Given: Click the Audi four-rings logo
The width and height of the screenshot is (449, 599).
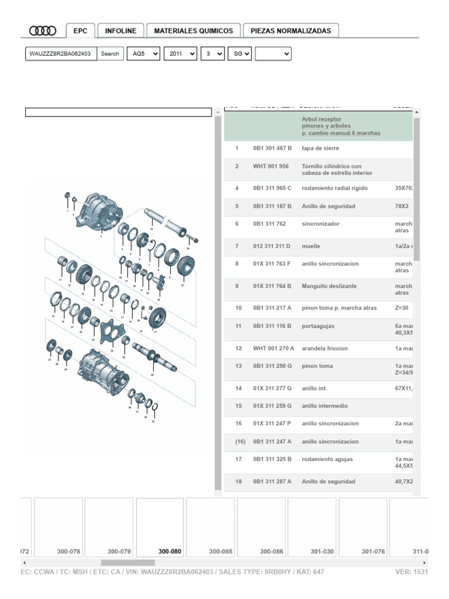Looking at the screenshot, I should pos(43,31).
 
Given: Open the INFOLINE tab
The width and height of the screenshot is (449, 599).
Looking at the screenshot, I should pos(121,31).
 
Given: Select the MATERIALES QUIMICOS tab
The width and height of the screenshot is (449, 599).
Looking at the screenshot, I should pos(193,31).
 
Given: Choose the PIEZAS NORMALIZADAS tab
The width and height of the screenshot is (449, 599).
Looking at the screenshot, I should pos(291,31).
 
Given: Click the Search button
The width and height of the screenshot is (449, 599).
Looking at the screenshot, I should pos(110,54).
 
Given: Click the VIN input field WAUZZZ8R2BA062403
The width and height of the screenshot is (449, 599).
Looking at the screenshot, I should pos(61,54).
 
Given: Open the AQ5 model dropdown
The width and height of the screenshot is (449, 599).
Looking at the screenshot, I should pos(144,54).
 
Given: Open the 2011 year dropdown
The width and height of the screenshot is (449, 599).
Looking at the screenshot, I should pos(180,54).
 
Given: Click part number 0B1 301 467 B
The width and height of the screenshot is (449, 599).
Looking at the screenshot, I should pos(272,149).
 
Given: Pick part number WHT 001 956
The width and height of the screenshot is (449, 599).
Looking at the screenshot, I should pos(271,166).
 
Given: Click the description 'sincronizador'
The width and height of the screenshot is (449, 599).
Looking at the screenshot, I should pos(320,223).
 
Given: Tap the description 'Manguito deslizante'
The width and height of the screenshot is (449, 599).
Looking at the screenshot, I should pos(329,286).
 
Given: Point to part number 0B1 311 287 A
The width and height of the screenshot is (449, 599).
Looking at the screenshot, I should pos(272,482).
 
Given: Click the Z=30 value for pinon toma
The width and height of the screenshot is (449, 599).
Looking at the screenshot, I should pos(402,308).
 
